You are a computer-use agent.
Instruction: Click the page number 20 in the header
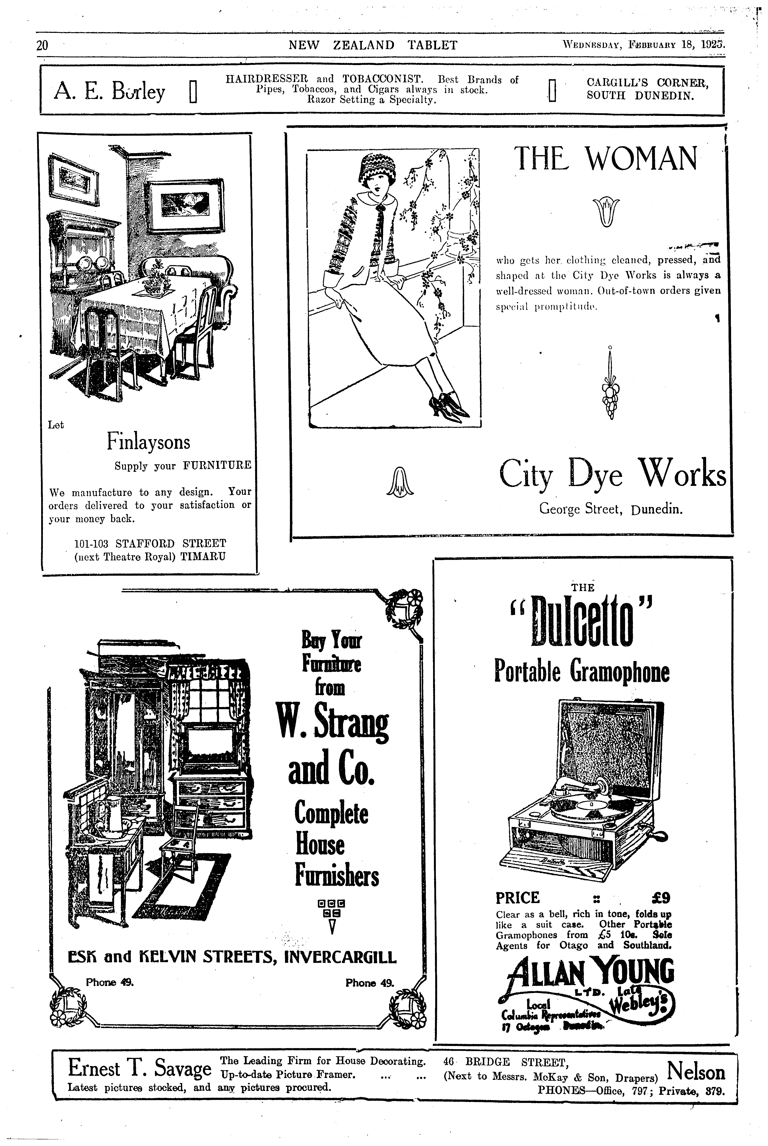pos(42,46)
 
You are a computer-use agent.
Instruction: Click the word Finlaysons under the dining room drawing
pos(148,442)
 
